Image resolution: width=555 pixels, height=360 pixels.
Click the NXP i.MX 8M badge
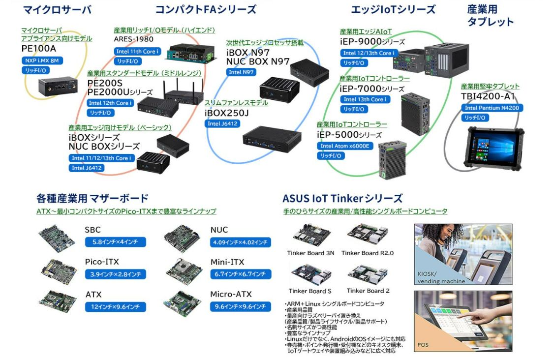42,60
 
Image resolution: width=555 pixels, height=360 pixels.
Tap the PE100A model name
38,49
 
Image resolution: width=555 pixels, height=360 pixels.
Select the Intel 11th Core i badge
137,52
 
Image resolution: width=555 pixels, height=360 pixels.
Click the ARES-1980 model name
133,39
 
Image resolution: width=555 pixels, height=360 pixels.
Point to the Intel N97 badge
241,72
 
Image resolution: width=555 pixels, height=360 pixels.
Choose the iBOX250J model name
226,113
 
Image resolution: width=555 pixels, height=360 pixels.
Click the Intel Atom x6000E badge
345,146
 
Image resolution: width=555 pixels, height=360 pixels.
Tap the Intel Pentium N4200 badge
492,108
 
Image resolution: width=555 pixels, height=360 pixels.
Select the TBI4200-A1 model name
488,96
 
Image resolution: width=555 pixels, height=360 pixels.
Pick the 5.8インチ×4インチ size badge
116,242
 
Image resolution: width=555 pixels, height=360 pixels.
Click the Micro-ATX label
231,294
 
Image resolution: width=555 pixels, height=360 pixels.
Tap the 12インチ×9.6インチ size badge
116,307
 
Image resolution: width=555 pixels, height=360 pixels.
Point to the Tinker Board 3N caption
310,253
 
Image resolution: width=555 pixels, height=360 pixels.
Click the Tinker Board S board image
311,274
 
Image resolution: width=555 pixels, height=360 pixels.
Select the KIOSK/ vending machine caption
441,277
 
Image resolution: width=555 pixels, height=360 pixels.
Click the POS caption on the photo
423,344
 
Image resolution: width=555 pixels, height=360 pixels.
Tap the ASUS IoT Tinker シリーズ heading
342,198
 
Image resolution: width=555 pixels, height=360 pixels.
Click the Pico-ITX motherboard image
59,272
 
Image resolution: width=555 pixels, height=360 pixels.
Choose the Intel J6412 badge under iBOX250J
222,124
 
